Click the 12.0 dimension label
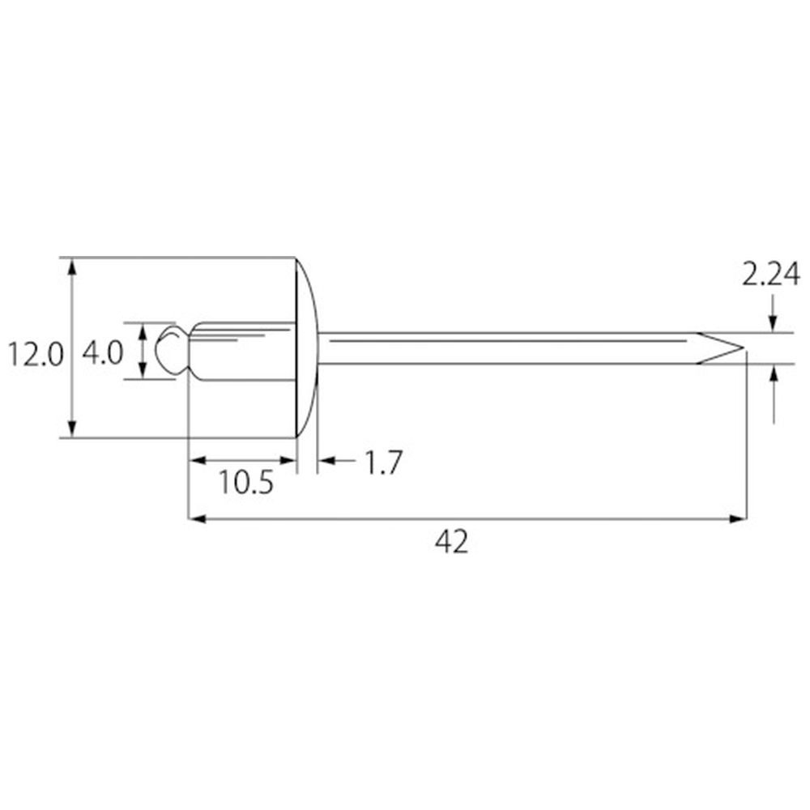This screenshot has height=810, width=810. pyautogui.click(x=35, y=356)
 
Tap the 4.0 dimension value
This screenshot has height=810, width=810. pyautogui.click(x=103, y=353)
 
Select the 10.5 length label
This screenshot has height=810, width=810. pyautogui.click(x=246, y=483)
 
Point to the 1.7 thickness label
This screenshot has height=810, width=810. pyautogui.click(x=383, y=463)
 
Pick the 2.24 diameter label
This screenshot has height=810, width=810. pyautogui.click(x=771, y=275)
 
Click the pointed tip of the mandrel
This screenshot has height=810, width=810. pyautogui.click(x=744, y=347)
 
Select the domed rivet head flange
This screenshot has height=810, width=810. pyautogui.click(x=307, y=347)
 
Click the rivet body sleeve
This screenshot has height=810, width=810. pyautogui.click(x=243, y=352)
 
